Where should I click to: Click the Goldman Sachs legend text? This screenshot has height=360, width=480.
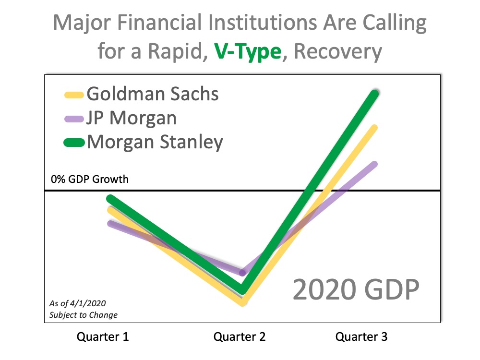pyautogui.click(x=153, y=94)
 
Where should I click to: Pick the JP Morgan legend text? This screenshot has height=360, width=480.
pyautogui.click(x=132, y=118)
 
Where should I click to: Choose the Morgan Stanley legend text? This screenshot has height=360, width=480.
pyautogui.click(x=155, y=142)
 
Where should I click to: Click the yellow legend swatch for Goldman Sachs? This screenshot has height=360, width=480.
pyautogui.click(x=75, y=95)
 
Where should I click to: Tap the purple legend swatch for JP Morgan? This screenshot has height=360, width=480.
pyautogui.click(x=75, y=119)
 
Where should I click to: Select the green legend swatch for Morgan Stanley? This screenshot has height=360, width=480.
pyautogui.click(x=75, y=143)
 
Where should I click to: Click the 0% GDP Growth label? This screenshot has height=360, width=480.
pyautogui.click(x=90, y=180)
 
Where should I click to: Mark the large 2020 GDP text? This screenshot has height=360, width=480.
pyautogui.click(x=356, y=290)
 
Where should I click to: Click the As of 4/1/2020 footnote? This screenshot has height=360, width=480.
pyautogui.click(x=77, y=303)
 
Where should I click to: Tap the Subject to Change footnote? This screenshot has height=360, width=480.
pyautogui.click(x=83, y=315)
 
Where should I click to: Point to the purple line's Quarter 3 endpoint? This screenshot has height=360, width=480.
pyautogui.click(x=374, y=164)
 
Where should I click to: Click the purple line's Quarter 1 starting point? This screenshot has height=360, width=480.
pyautogui.click(x=110, y=223)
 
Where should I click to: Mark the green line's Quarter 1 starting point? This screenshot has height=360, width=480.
pyautogui.click(x=110, y=198)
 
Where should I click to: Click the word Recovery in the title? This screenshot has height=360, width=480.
pyautogui.click(x=338, y=52)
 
